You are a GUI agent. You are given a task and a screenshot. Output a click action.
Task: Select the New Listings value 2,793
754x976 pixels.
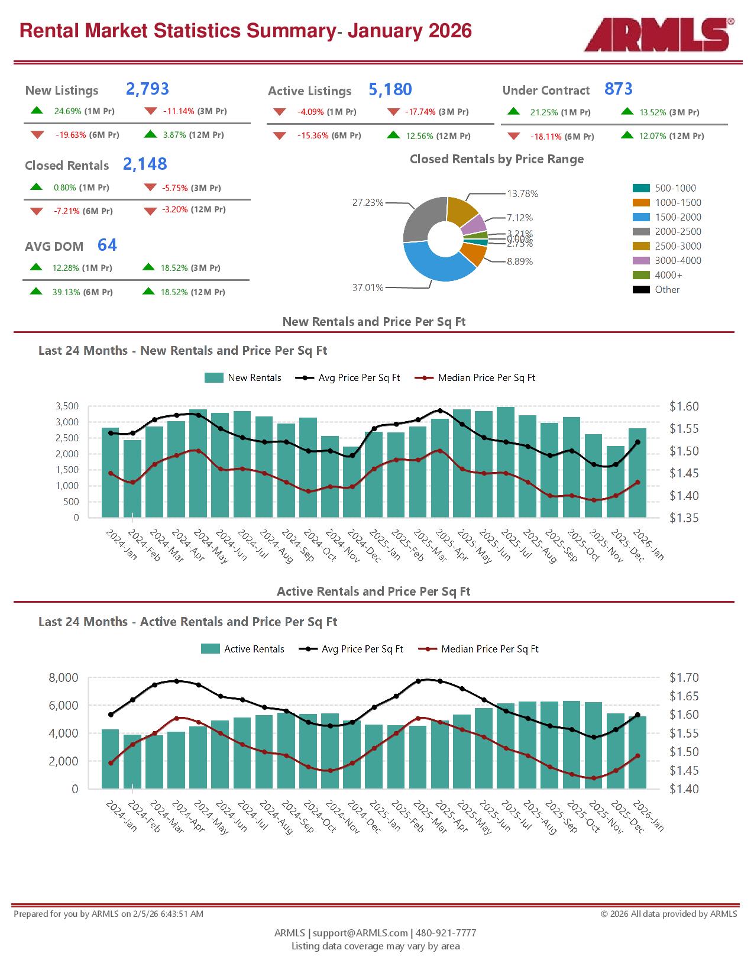coord(147,89)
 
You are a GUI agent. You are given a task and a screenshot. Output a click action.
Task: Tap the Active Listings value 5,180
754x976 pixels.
coord(390,90)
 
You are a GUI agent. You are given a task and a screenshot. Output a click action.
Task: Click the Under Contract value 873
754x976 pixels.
coord(618,89)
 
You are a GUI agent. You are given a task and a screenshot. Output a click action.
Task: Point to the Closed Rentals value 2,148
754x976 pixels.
coord(145,164)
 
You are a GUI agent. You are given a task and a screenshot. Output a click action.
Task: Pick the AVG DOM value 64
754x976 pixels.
coord(107,245)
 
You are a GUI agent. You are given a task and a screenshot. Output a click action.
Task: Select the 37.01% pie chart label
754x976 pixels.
coord(367,288)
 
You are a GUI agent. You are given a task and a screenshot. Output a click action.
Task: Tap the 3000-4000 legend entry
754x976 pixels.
coord(678,261)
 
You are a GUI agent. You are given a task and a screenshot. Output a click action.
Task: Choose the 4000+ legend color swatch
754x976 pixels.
coord(641,275)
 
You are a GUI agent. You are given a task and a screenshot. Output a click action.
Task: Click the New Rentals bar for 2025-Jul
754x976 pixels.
coord(505,462)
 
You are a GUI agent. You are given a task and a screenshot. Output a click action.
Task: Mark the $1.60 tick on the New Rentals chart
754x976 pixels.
coord(684,406)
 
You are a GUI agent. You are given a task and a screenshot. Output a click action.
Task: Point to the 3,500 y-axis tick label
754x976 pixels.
coord(67,406)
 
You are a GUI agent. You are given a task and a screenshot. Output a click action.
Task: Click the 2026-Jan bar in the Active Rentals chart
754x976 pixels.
coord(637,752)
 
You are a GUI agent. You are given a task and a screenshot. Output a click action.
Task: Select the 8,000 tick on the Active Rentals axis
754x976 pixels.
coord(63,678)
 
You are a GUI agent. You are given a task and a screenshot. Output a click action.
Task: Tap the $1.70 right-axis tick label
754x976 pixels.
coord(684,678)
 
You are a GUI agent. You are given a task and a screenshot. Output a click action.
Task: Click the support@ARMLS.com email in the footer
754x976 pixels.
coord(360,933)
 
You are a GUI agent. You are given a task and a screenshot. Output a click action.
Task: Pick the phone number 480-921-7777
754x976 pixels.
coord(446,933)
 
